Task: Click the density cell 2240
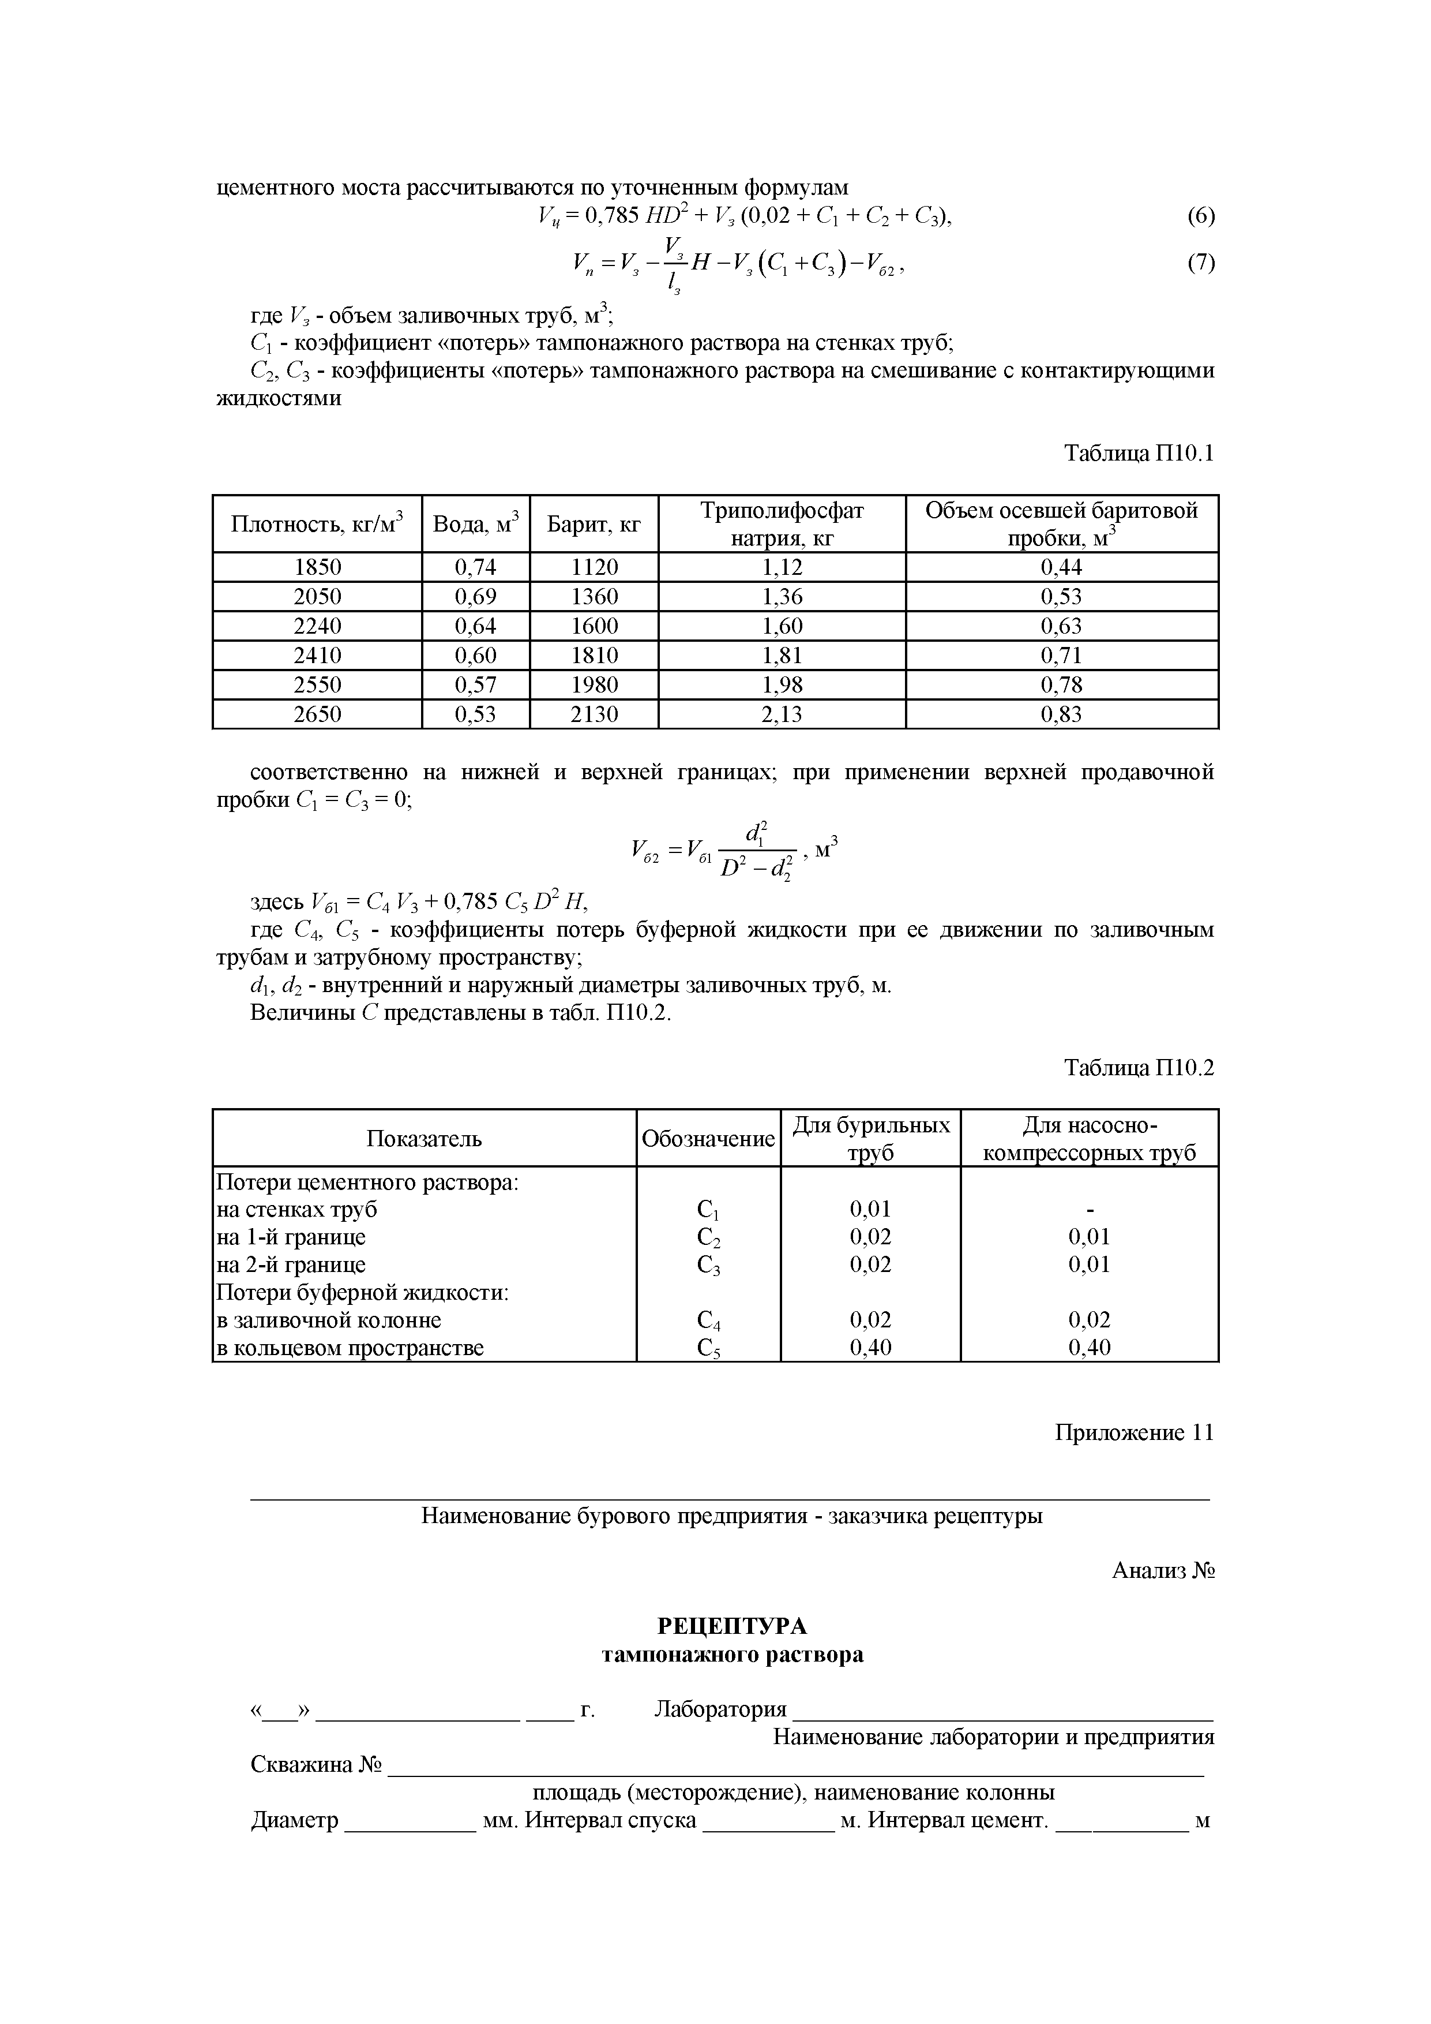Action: (317, 626)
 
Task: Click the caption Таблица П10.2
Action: (1139, 1068)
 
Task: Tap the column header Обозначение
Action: (708, 1139)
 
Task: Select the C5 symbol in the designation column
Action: (708, 1348)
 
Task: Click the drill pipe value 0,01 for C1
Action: (870, 1209)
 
